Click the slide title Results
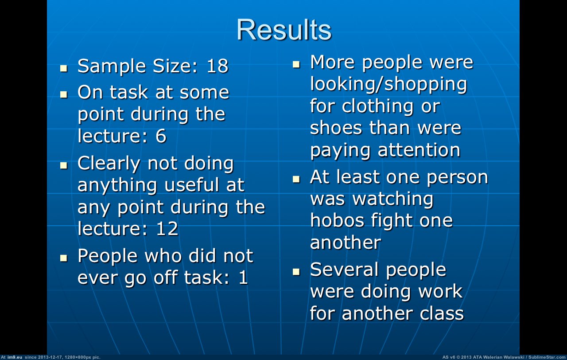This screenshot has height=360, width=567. point(284,30)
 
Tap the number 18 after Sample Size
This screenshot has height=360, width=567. point(217,66)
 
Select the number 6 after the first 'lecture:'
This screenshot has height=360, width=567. point(161,136)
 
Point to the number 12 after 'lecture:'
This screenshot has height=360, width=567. point(167,228)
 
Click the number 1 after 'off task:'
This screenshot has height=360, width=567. point(243,277)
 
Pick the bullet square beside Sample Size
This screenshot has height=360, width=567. point(64,68)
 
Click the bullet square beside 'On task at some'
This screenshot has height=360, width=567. point(64,94)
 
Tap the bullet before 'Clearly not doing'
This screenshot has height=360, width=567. point(64,165)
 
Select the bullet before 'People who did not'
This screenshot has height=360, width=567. point(64,258)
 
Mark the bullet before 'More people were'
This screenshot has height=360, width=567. point(296,64)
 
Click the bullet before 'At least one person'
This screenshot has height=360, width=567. point(296,179)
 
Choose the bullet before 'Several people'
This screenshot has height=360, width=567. point(296,272)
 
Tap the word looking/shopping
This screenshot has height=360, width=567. point(388,84)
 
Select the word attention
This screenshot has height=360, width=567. point(419,150)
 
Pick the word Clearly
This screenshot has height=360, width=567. point(109,164)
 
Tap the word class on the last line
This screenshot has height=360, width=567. point(442,313)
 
